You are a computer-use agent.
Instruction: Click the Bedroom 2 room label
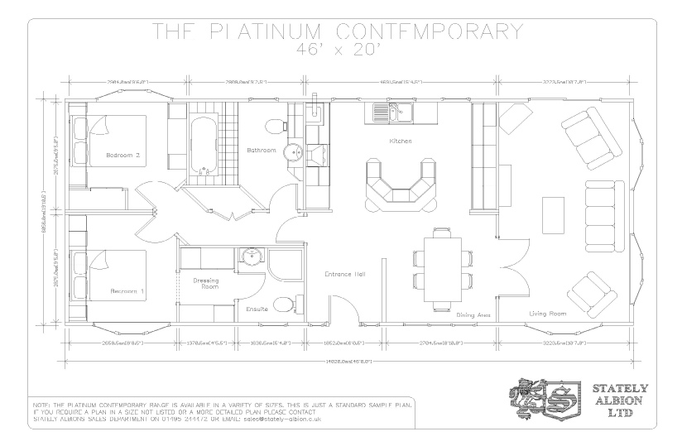click(122, 155)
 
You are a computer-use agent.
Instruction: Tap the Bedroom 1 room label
click(127, 291)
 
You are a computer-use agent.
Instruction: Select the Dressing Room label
click(205, 284)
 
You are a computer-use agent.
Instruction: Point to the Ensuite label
click(257, 309)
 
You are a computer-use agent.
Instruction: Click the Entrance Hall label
click(345, 274)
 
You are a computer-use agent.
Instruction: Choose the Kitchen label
click(401, 141)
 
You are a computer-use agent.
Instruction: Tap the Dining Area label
click(473, 314)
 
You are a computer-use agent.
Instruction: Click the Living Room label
click(547, 314)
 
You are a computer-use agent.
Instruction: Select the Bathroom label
click(261, 150)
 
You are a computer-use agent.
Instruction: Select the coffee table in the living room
click(551, 215)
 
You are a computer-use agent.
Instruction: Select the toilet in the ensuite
click(282, 307)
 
